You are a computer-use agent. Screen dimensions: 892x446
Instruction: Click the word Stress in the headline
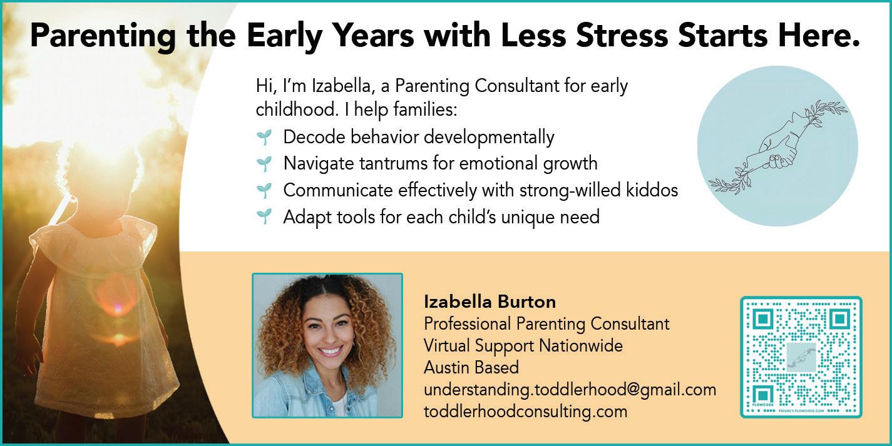(622, 35)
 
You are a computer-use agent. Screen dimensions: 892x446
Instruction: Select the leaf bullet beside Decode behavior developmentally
(264, 137)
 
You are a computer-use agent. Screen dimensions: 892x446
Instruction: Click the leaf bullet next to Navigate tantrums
(264, 163)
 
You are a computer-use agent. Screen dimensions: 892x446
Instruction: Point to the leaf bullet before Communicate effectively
(264, 190)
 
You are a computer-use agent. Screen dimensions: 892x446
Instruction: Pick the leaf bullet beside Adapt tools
(264, 216)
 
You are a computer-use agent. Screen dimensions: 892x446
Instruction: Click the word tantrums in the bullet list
(394, 163)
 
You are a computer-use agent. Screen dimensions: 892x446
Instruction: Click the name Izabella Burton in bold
(490, 302)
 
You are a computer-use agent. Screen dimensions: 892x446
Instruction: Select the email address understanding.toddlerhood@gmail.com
(570, 390)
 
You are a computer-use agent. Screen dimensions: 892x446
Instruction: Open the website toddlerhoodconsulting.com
(525, 411)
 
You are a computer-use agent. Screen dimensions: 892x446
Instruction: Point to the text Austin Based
(471, 367)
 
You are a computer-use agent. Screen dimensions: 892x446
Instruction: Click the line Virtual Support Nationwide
(523, 345)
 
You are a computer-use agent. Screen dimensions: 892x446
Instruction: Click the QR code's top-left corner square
(762, 318)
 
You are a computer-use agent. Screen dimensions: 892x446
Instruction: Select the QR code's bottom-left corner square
(762, 395)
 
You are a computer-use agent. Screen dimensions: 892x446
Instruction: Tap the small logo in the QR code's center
(801, 357)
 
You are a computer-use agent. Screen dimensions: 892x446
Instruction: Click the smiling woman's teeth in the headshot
(330, 352)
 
